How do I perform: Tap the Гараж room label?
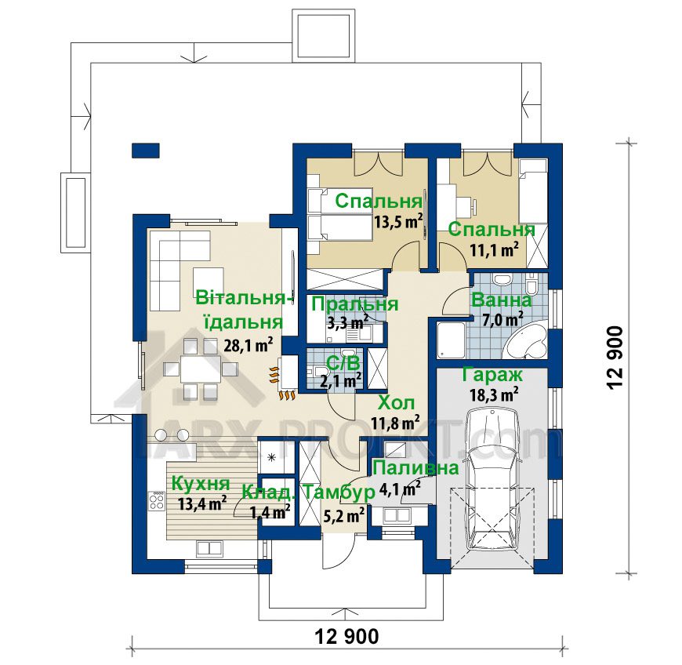tap(492, 375)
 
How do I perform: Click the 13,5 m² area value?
tap(398, 221)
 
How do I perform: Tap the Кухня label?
tap(201, 483)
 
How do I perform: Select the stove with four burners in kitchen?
tap(157, 500)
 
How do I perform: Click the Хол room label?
tap(396, 403)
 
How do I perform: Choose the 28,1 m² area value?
tap(248, 345)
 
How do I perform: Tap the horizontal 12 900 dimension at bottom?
tap(346, 637)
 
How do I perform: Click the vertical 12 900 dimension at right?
tap(616, 358)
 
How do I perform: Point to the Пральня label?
tap(354, 304)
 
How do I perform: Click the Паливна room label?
tap(415, 468)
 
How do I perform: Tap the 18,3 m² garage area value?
tap(494, 395)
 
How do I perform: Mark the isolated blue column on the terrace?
tap(146, 150)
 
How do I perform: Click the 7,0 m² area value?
tap(502, 320)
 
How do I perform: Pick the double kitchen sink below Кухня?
tap(209, 547)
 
